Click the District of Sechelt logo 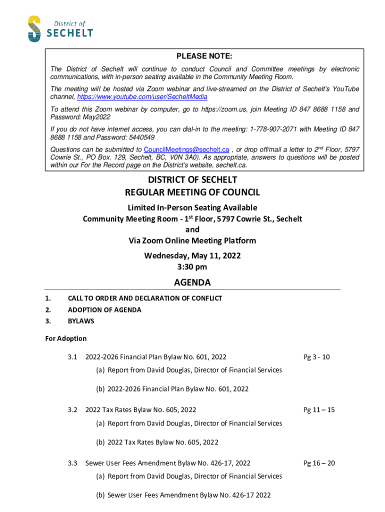click(60, 28)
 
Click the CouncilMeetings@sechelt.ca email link click(186, 149)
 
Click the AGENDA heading click(192, 282)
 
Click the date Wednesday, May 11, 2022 click(192, 255)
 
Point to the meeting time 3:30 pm click(192, 266)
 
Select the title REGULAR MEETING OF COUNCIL click(192, 192)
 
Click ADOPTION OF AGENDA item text click(104, 310)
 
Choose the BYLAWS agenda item click(81, 321)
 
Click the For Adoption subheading click(66, 338)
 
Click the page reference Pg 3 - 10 click(316, 357)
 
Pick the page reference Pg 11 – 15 click(319, 410)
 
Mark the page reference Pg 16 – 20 click(319, 463)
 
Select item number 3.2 click(73, 410)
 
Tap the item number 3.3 click(73, 463)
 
